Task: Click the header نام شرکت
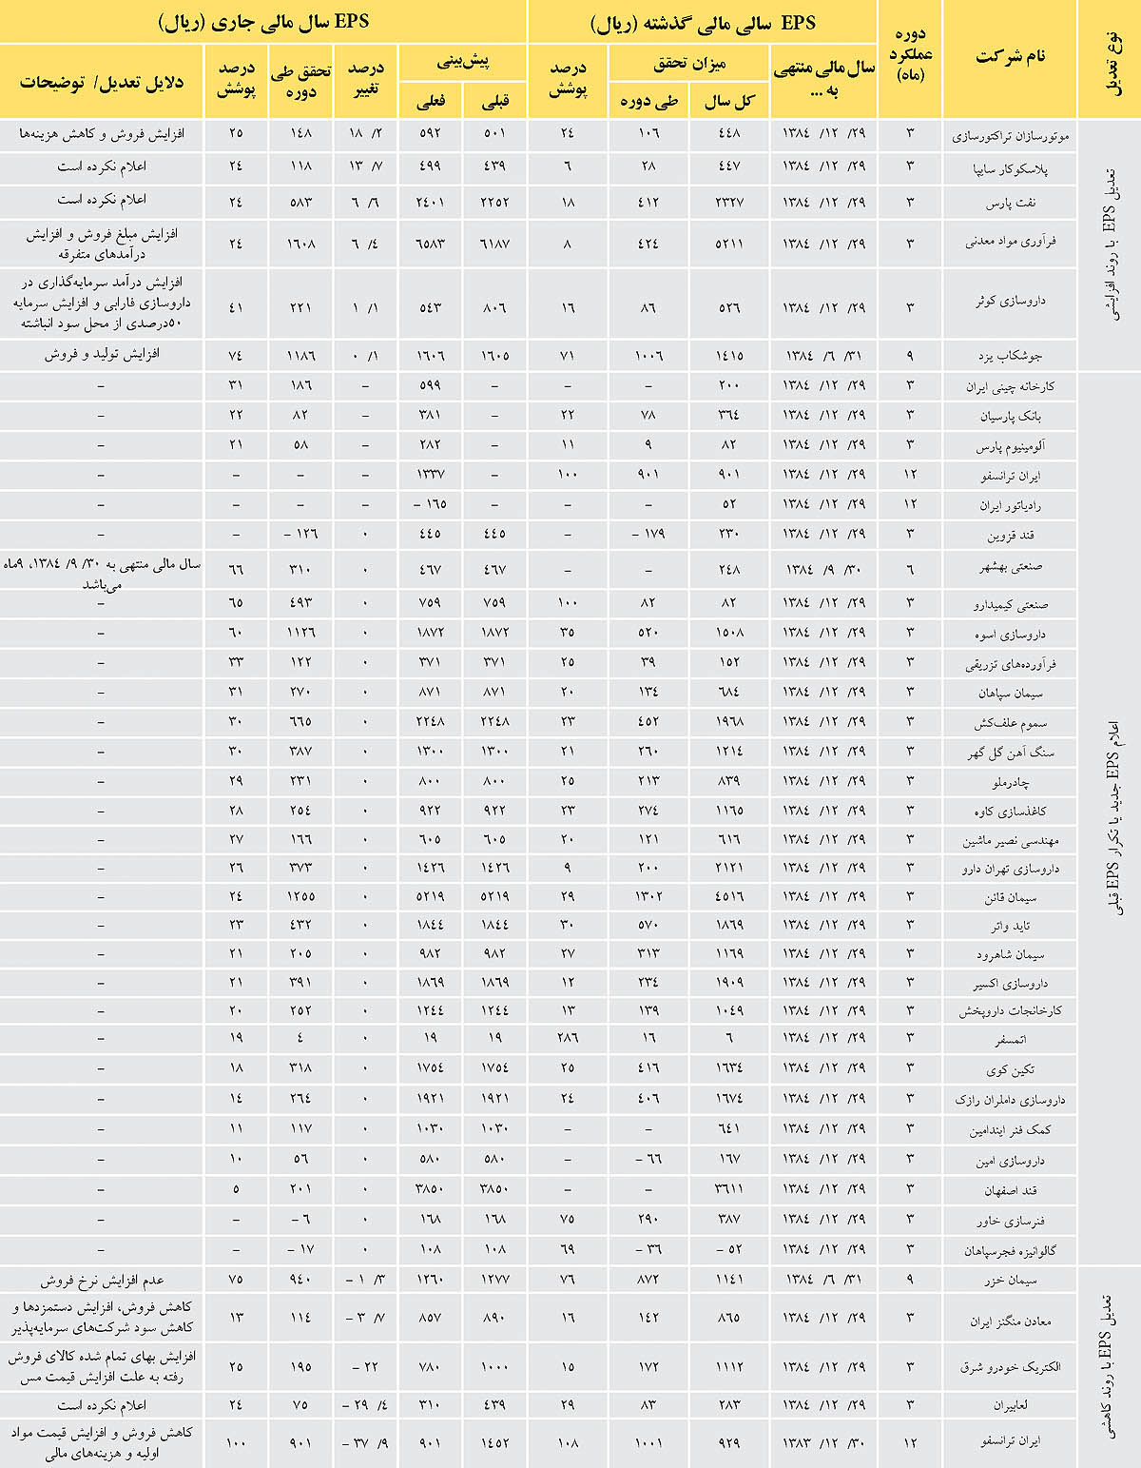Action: tap(1010, 56)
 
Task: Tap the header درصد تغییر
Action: tap(366, 81)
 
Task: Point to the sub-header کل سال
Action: tap(729, 101)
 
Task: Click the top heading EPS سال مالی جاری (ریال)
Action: tap(262, 21)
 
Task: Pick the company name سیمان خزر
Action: tap(1011, 1281)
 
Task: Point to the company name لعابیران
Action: tap(1011, 1405)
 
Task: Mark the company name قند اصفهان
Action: tap(1010, 1190)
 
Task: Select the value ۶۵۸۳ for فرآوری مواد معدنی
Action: tap(431, 243)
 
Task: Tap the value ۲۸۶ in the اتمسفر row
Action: tap(568, 1038)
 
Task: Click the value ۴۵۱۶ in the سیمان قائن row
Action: tap(728, 896)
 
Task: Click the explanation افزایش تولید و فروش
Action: tap(101, 355)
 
